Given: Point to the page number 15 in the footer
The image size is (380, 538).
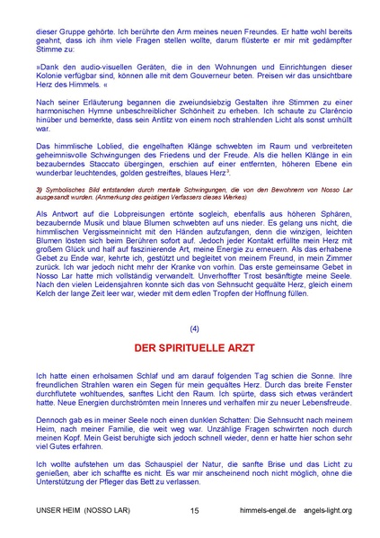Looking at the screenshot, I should [195, 510].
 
